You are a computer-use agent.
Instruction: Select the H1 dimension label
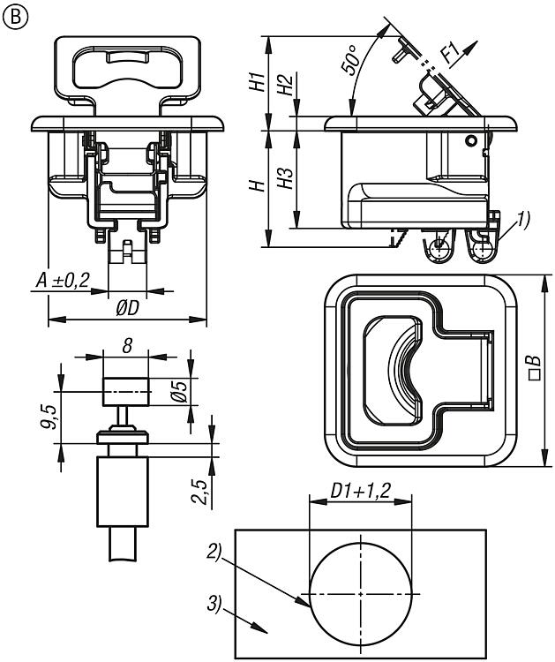[x=255, y=82]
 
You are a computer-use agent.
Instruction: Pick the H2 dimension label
[x=283, y=87]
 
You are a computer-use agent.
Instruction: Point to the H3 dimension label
[x=284, y=177]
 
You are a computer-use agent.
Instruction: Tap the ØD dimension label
[x=127, y=308]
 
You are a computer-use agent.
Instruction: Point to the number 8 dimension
[x=127, y=347]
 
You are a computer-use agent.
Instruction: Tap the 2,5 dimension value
[x=201, y=492]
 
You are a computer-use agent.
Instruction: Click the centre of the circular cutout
[x=359, y=592]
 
